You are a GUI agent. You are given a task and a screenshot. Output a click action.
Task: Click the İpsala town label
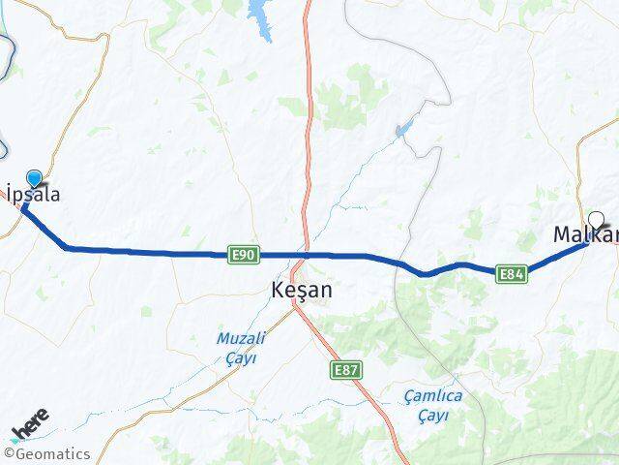[x=34, y=195]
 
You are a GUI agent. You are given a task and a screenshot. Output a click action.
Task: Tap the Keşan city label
[x=302, y=290]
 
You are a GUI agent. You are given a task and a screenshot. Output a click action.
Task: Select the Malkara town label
[x=585, y=234]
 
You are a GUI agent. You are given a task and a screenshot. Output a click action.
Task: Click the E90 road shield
[x=244, y=255]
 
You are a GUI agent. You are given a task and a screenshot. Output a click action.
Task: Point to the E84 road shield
[x=513, y=274]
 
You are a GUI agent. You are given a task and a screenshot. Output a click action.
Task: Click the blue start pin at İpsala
[x=35, y=178]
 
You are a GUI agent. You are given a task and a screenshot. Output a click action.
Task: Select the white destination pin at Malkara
[x=596, y=220]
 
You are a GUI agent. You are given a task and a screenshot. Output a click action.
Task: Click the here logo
[x=29, y=426]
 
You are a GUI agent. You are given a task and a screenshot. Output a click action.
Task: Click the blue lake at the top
[x=260, y=15]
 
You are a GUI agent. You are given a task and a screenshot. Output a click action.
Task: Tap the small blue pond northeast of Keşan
[x=404, y=129]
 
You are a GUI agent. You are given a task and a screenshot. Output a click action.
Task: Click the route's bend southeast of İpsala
[x=66, y=247]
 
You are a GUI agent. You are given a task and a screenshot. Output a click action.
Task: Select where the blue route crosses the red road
[x=306, y=255]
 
